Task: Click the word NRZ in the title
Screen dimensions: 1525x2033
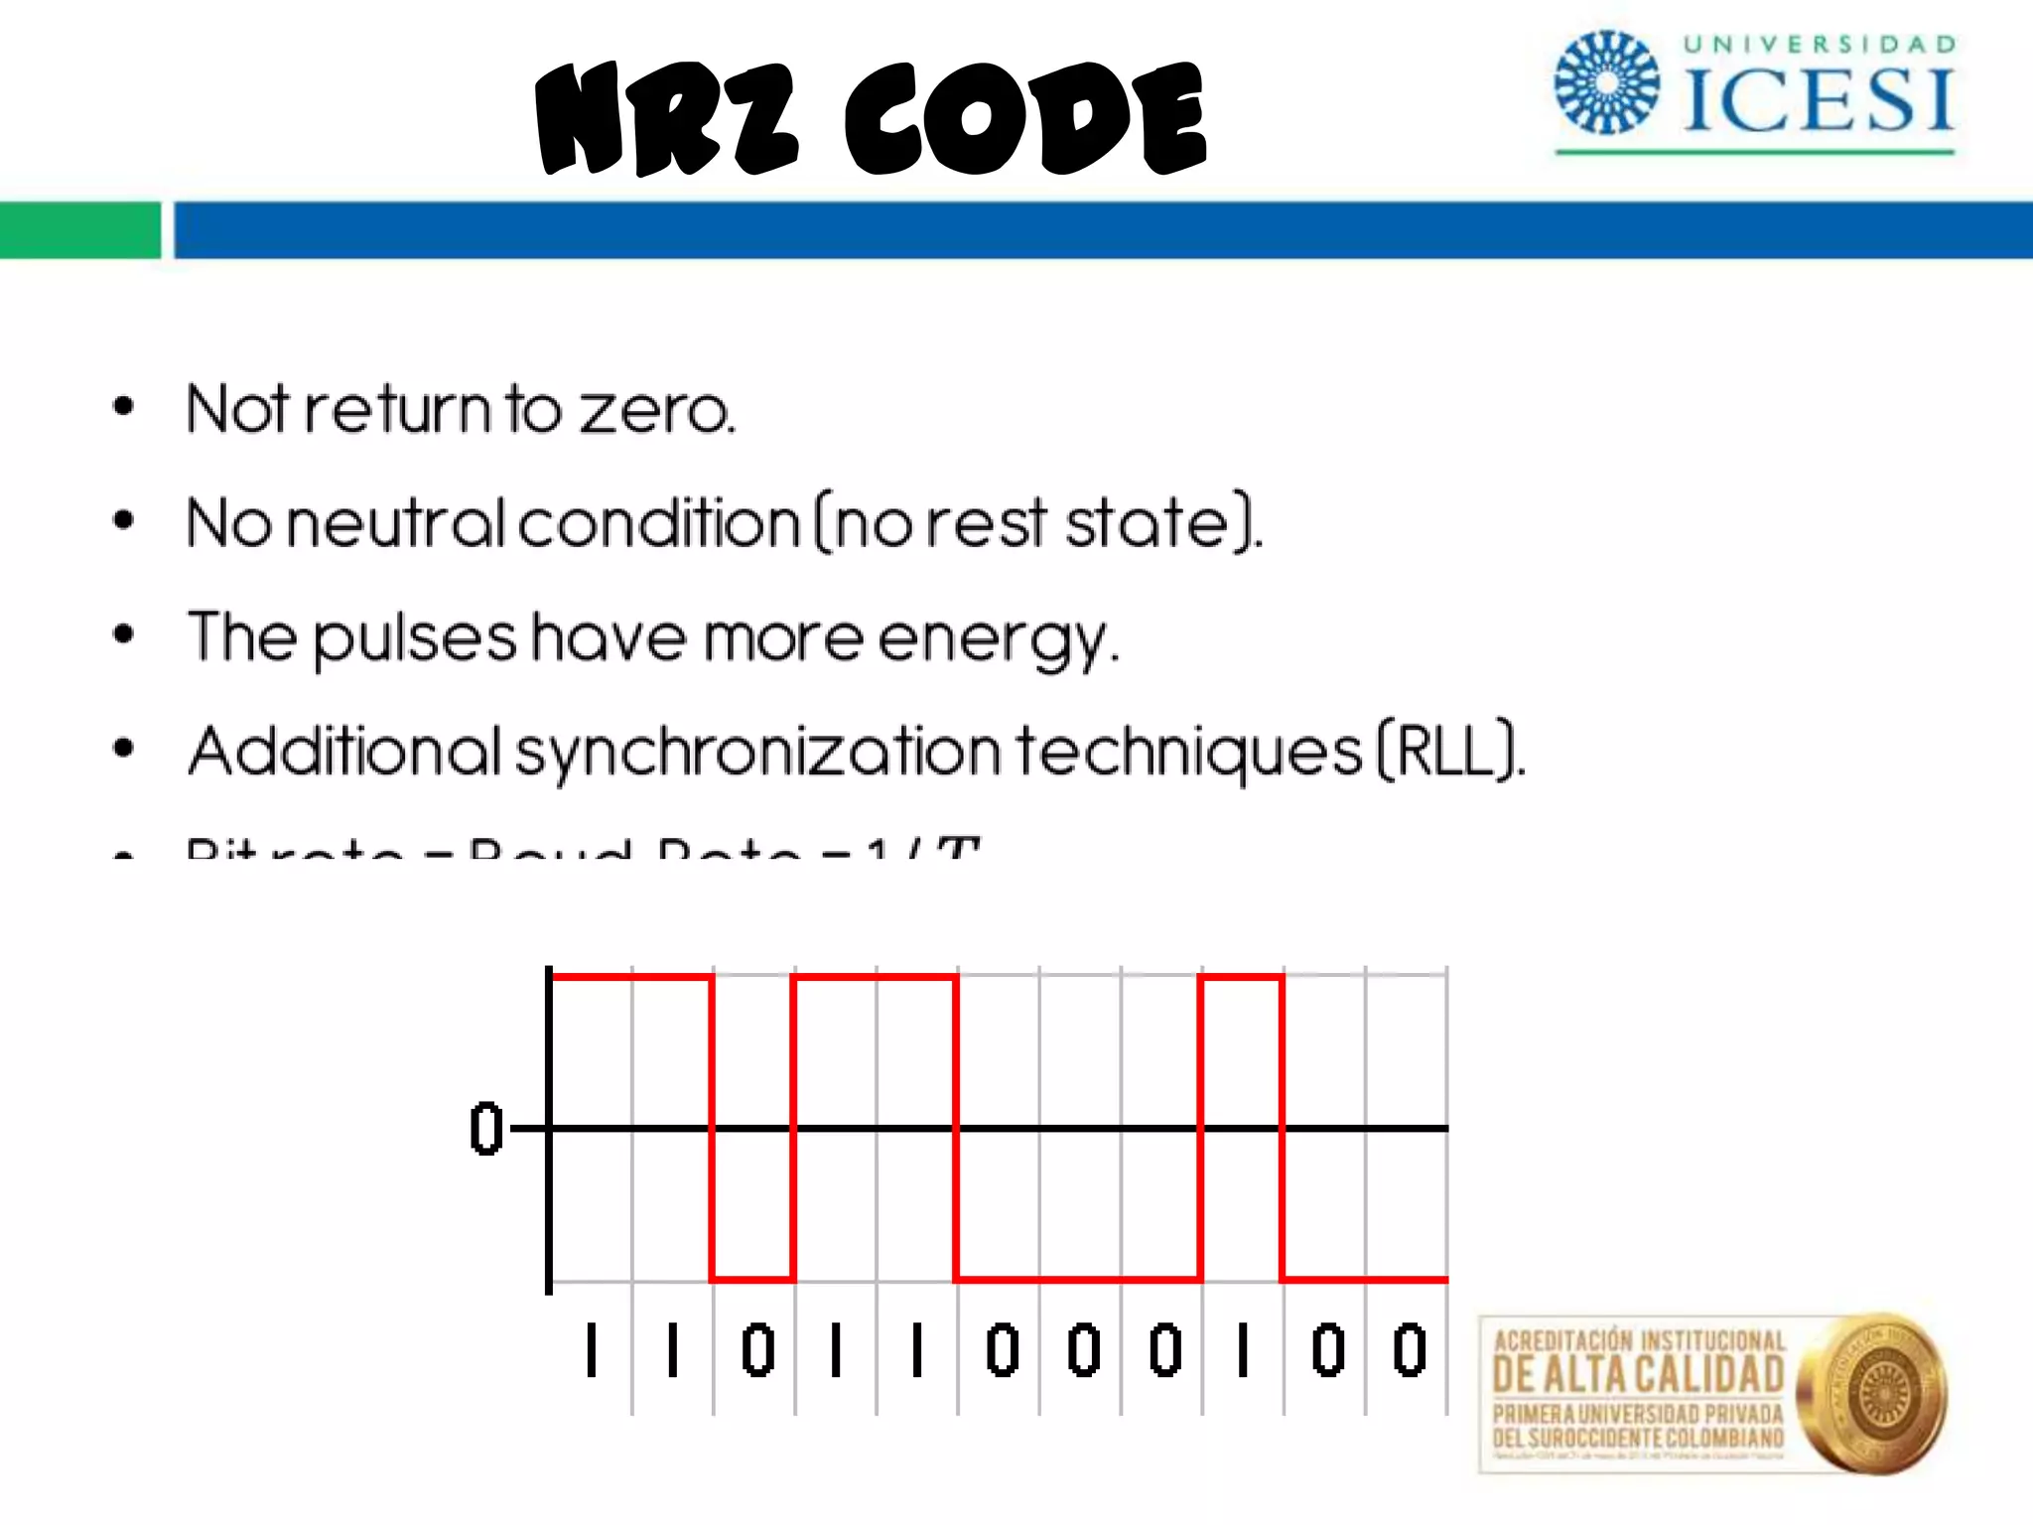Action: click(666, 119)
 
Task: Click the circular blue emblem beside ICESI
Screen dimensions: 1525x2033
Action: click(1606, 83)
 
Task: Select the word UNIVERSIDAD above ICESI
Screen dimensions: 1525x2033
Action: click(1820, 44)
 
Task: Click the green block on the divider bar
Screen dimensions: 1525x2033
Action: click(79, 229)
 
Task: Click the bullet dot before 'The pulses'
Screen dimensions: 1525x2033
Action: click(123, 633)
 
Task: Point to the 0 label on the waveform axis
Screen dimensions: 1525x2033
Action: click(486, 1129)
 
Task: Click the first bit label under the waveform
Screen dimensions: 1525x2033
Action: click(592, 1350)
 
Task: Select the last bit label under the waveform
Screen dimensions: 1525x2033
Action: click(1410, 1350)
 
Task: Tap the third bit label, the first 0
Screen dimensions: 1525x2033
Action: click(757, 1350)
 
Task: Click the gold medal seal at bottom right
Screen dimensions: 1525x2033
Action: click(1871, 1394)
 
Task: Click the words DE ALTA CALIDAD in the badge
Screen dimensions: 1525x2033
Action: click(1638, 1375)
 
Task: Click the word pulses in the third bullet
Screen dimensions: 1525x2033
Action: click(415, 638)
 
